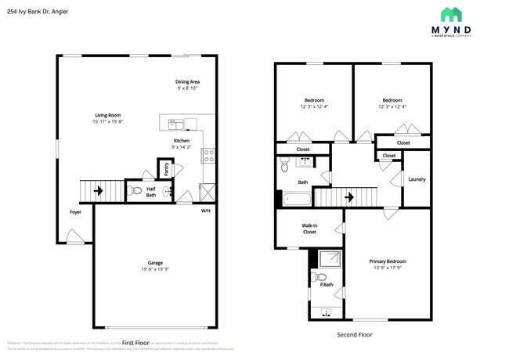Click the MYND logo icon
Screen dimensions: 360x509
(x=451, y=14)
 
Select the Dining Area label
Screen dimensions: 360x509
(x=187, y=82)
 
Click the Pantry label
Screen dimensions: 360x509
(x=167, y=169)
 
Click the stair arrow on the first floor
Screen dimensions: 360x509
(x=98, y=189)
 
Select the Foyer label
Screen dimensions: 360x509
(x=75, y=211)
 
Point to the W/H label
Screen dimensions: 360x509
(x=205, y=211)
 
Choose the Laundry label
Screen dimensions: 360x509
(x=417, y=179)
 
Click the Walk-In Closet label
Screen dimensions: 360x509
(x=309, y=229)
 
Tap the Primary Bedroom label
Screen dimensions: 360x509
(x=388, y=261)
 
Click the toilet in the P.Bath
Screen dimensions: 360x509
(x=319, y=277)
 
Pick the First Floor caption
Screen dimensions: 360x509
(x=135, y=342)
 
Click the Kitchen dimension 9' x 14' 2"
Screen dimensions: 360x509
(x=182, y=147)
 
